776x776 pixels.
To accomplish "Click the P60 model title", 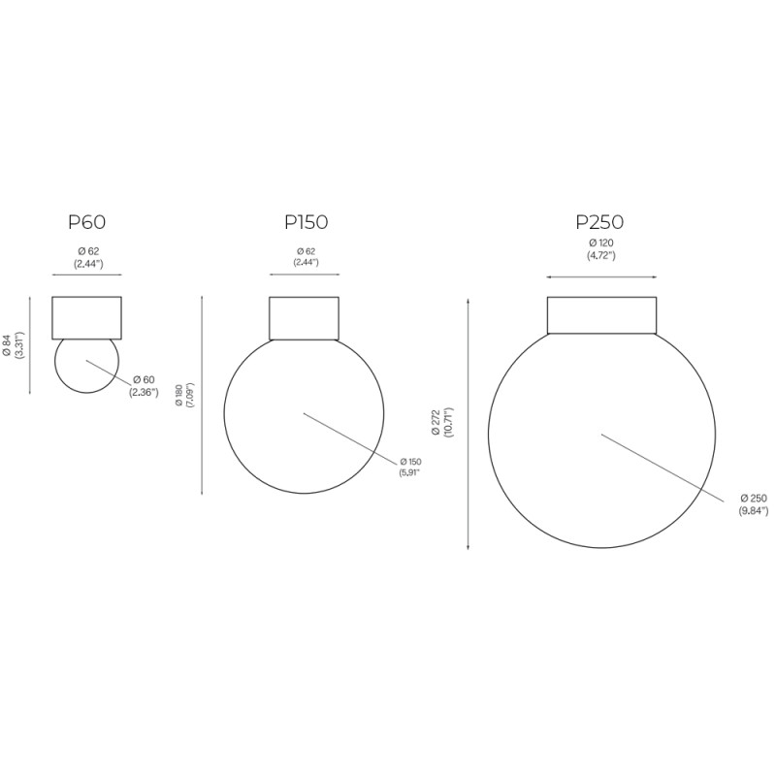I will (x=86, y=222).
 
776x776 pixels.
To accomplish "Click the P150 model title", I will (x=306, y=222).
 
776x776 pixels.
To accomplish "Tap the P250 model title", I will (x=601, y=221).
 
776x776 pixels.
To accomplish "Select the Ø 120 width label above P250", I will (x=601, y=249).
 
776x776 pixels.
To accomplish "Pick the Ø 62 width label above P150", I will (x=306, y=257).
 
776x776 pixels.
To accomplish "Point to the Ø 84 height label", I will (x=13, y=346).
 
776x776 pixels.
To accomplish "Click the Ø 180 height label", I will (x=184, y=395).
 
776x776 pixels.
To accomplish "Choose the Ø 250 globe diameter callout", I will (x=753, y=503).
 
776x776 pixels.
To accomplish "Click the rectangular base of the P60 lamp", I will (x=86, y=316).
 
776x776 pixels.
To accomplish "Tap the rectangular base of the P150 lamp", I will (x=304, y=317).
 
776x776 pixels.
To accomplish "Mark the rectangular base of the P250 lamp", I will (x=601, y=314).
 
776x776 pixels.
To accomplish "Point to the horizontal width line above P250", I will (x=601, y=277).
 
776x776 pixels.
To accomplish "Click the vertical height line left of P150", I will (x=201, y=395).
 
